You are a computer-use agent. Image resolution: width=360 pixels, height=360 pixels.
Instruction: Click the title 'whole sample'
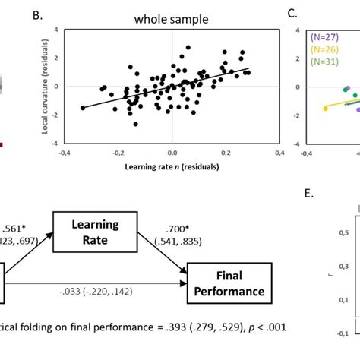pos(172,14)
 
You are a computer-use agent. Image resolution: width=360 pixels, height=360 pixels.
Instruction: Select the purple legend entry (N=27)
pos(325,36)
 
